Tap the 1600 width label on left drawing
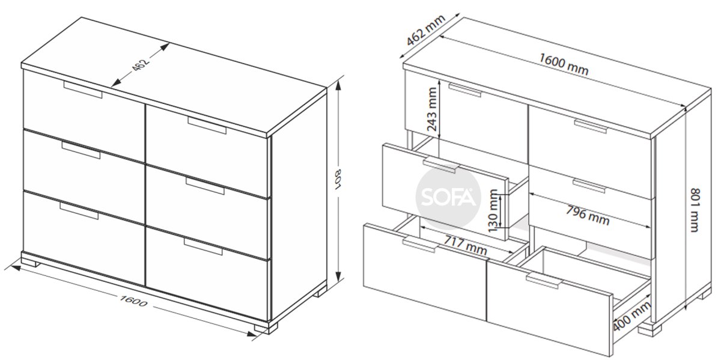133,301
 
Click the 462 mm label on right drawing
425,30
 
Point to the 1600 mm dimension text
564,64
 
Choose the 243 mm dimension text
431,109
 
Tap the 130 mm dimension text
493,211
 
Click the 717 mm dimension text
466,245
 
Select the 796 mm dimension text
588,215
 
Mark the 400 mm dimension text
631,316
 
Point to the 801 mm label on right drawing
695,210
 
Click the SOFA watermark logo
448,197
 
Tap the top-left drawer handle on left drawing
83,90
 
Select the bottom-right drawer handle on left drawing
203,246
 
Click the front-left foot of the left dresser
31,263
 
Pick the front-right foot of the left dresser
266,328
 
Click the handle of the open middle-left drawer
440,165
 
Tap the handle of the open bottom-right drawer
544,281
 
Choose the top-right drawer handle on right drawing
590,126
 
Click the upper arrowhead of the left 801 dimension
338,87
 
